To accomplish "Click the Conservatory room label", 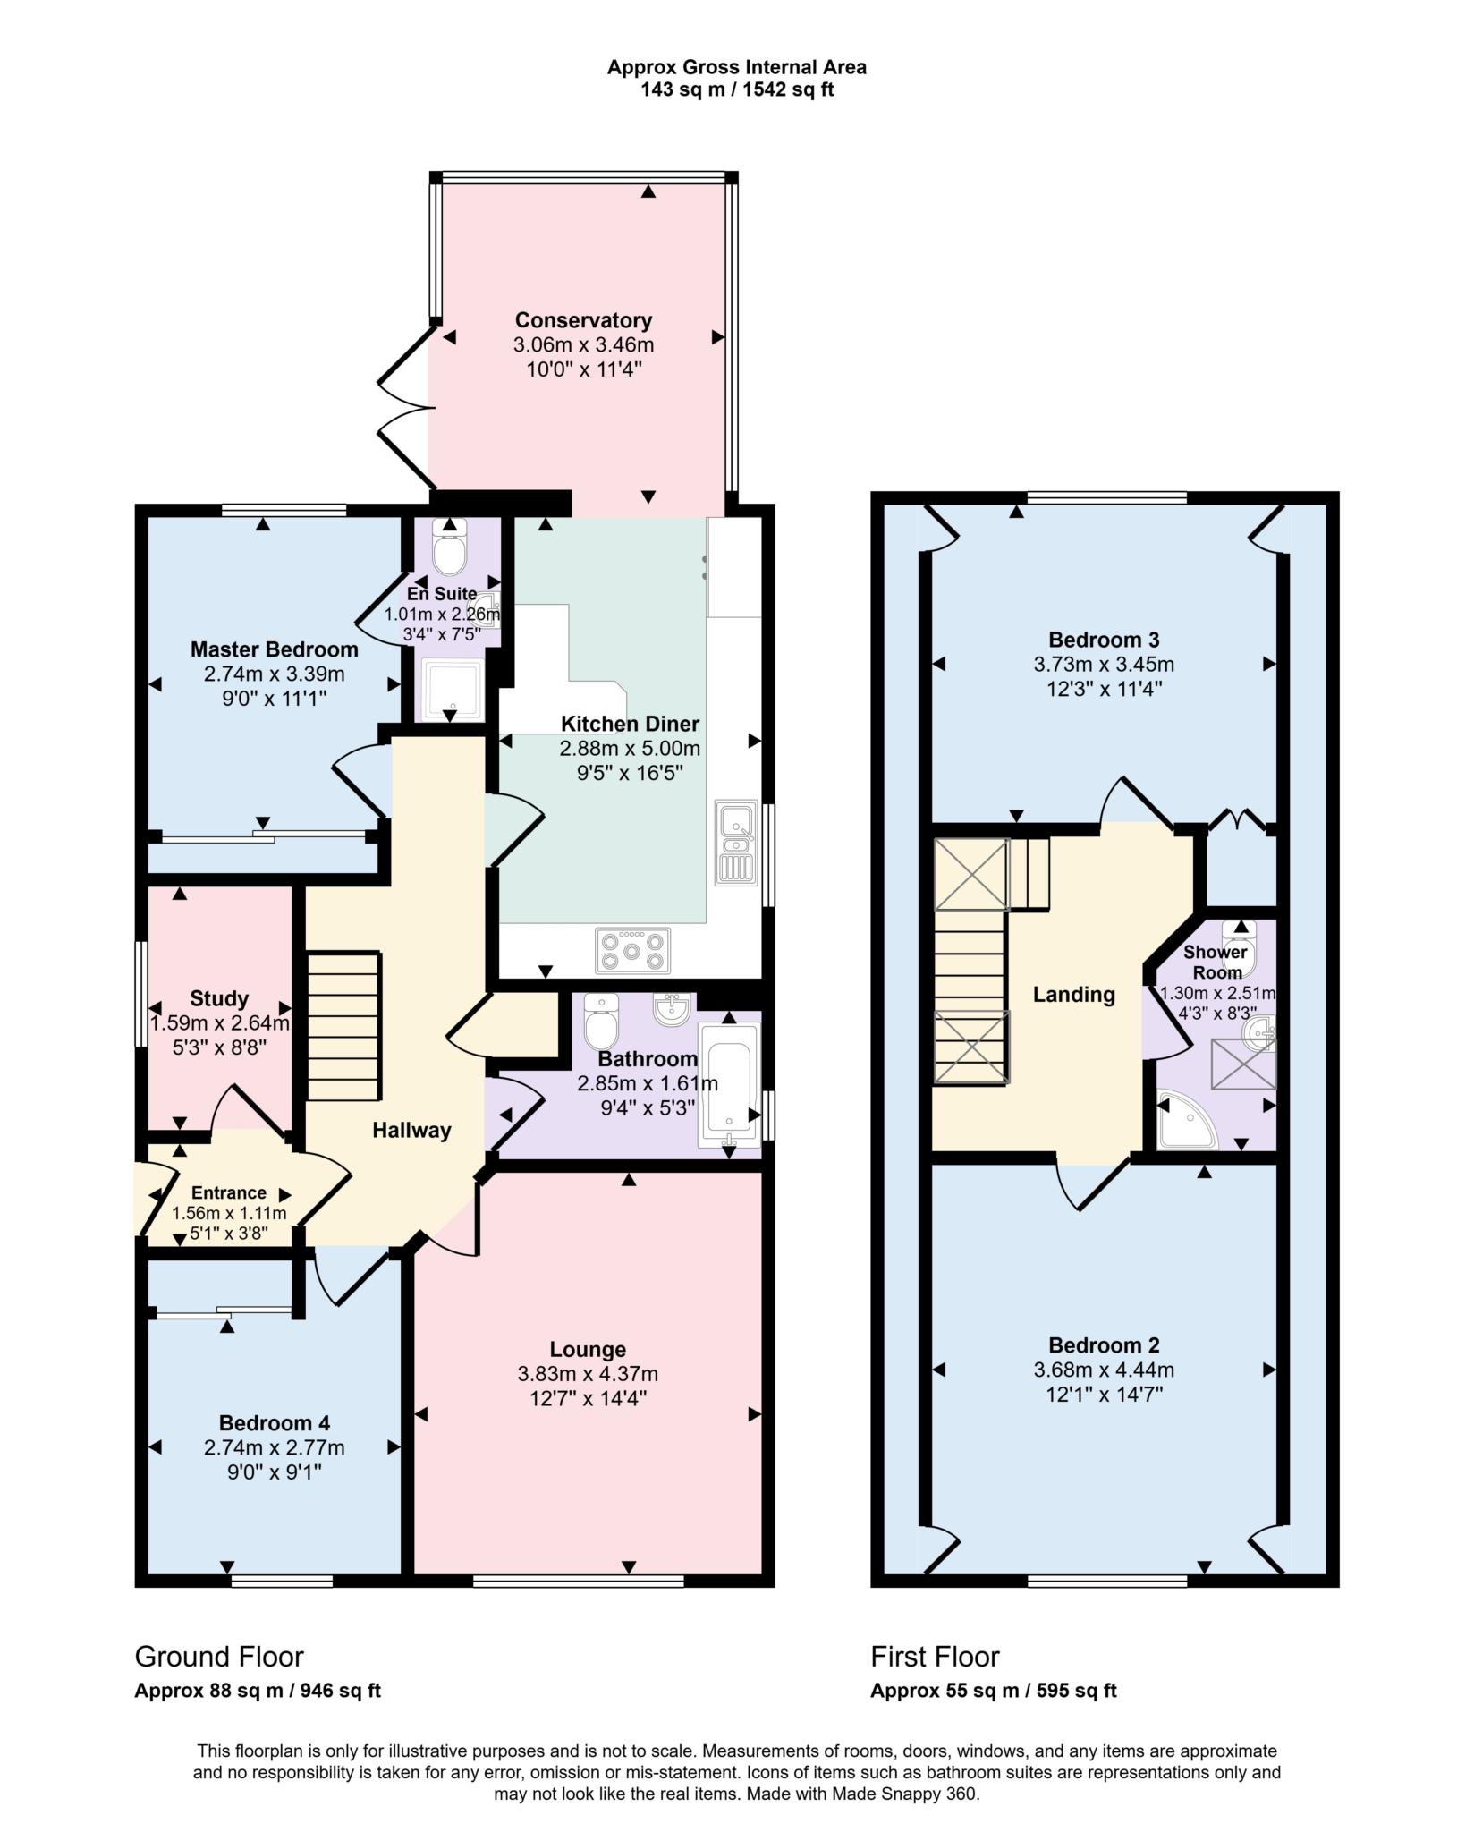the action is [583, 320].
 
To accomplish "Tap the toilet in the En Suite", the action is [449, 547].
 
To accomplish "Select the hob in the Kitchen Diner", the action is [633, 951].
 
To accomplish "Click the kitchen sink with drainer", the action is [736, 844].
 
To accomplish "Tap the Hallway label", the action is [411, 1131].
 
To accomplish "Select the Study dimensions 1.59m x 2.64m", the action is [219, 1022].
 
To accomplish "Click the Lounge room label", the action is [588, 1349].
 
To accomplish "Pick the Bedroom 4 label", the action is [275, 1422].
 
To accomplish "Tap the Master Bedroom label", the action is [275, 649].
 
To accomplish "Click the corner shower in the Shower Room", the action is [1188, 1119].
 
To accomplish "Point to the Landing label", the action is [1074, 995].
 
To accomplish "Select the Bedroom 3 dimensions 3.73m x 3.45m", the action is [1104, 665].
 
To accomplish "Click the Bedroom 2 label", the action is [1104, 1345].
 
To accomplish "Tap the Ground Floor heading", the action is [219, 1657].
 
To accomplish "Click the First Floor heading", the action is [935, 1657].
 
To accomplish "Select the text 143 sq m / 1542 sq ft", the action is [737, 90].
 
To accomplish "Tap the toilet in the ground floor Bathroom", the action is [601, 1022].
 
